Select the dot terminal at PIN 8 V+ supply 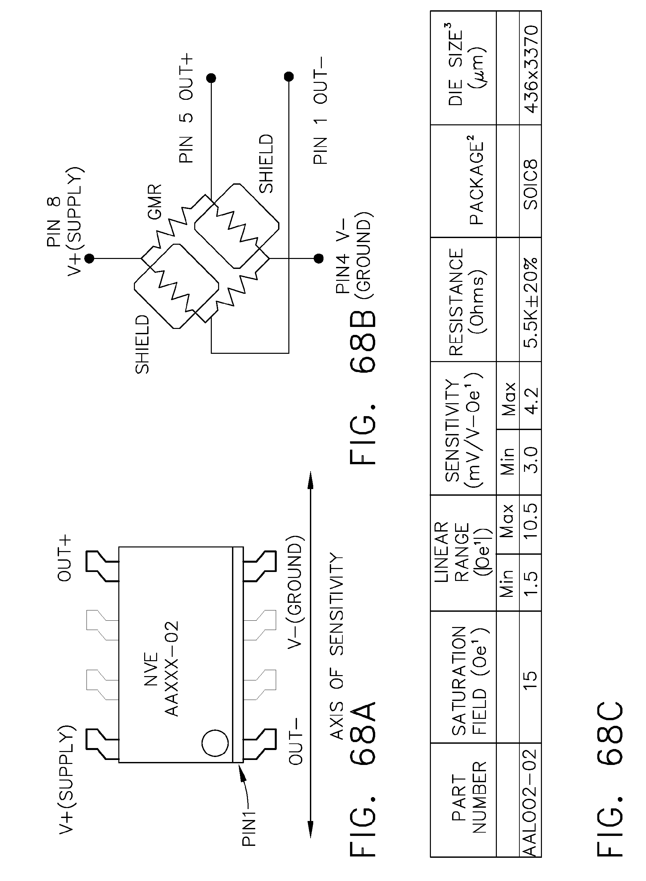coord(89,258)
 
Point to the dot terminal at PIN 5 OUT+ coord(211,78)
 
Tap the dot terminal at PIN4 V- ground coord(319,258)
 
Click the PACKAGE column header coord(477,180)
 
